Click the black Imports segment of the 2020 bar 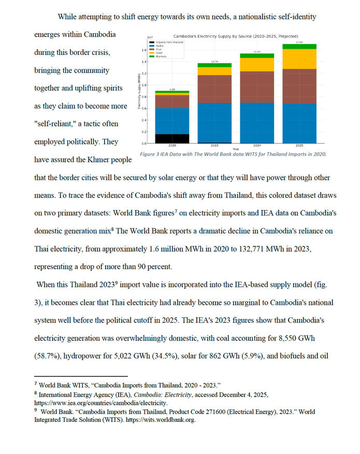pyautogui.click(x=172, y=138)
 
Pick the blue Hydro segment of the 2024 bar pyautogui.click(x=257, y=122)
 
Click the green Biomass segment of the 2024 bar pyautogui.click(x=257, y=55)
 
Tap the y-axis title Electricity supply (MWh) pyautogui.click(x=139, y=91)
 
